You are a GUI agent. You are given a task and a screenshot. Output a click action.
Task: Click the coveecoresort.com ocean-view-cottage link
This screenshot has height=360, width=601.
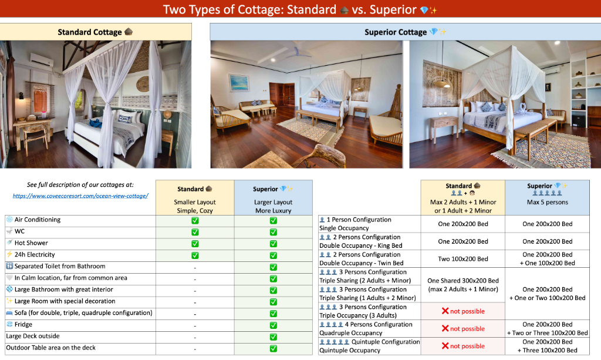(80, 196)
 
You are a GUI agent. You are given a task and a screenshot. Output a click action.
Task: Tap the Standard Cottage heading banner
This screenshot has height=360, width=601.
(96, 32)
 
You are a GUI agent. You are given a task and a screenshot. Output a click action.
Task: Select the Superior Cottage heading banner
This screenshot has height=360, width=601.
(405, 32)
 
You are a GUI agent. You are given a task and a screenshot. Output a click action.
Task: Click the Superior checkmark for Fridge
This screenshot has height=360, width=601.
(274, 325)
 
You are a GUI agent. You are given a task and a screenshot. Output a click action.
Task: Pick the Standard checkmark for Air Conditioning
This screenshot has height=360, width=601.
(195, 220)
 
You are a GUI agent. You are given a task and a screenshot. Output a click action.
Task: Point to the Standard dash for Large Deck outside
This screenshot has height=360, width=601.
(195, 338)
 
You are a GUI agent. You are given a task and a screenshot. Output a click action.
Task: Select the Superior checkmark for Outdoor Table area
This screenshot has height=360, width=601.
(274, 348)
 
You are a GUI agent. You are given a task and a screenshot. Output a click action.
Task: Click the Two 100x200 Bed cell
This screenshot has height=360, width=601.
(463, 259)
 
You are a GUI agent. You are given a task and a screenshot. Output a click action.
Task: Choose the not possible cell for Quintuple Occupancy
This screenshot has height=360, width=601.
(463, 346)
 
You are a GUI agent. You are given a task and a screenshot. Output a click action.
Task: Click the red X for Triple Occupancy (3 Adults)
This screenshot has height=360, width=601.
(445, 311)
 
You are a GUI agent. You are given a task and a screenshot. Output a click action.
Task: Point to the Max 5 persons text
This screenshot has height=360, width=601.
(548, 202)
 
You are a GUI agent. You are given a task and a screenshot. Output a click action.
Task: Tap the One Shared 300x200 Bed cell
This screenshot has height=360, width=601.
(463, 285)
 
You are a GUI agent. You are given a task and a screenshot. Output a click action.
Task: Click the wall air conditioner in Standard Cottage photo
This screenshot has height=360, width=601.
(42, 59)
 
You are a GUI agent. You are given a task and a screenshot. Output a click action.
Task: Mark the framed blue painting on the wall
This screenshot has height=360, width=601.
(239, 83)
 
